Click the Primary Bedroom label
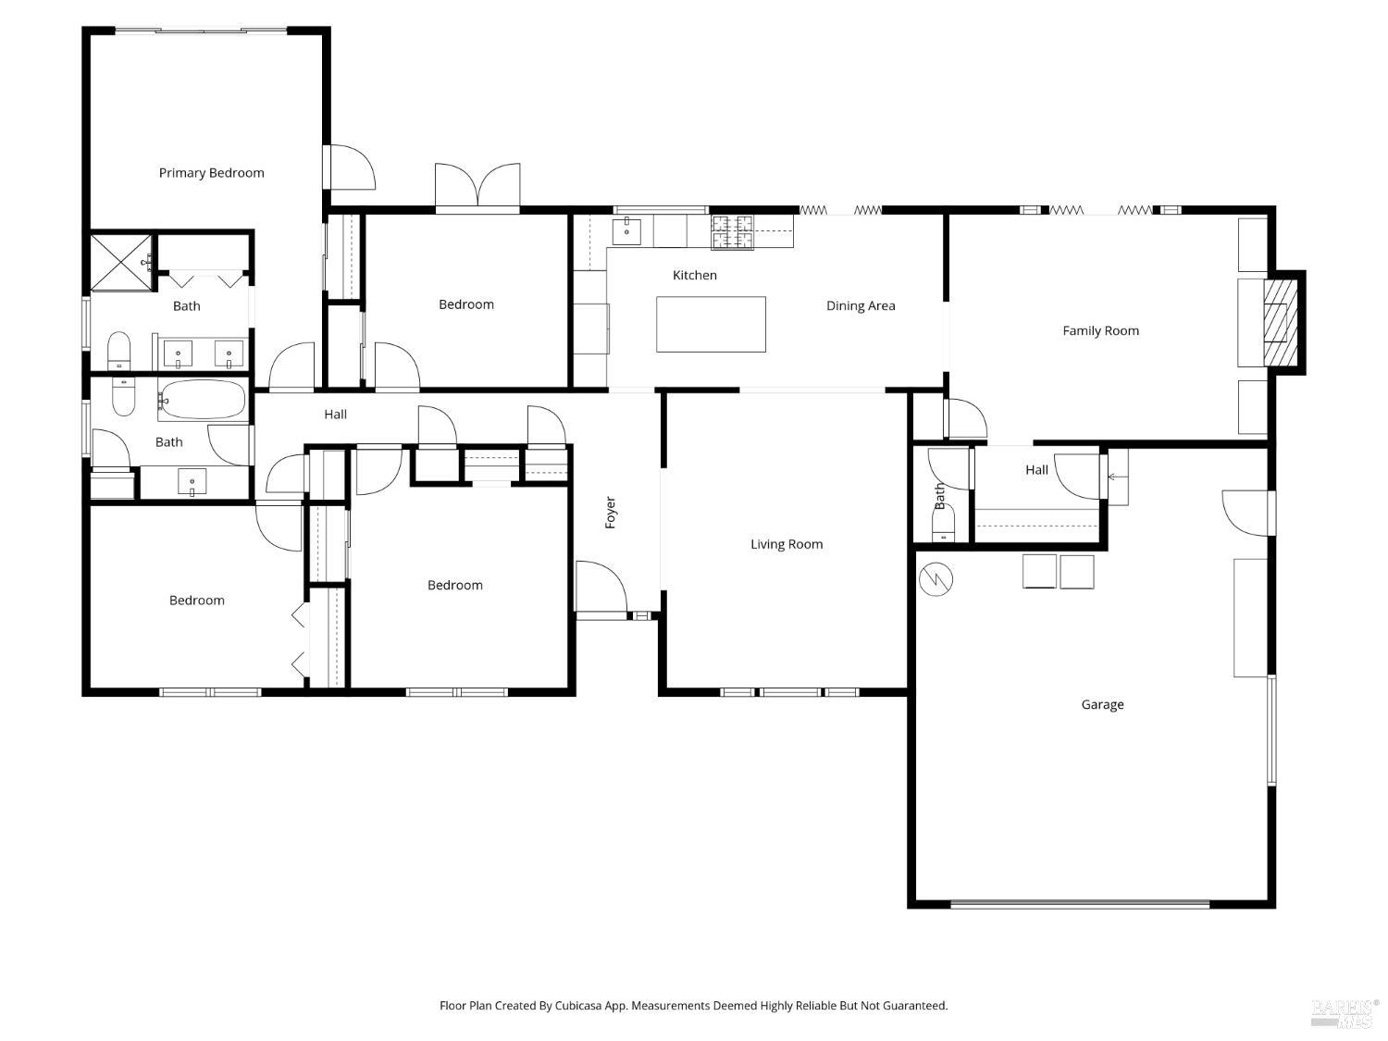pos(211,172)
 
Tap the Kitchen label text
pos(694,275)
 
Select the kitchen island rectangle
pos(711,324)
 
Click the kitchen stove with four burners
pos(732,232)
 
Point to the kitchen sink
pos(626,231)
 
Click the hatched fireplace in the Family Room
pos(1281,322)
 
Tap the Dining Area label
pos(861,306)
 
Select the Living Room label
pos(787,544)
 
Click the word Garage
pos(1102,704)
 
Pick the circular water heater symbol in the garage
pos(936,579)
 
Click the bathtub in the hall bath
pos(203,400)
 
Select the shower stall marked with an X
pos(121,262)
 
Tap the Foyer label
pos(610,512)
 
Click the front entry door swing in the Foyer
pos(601,586)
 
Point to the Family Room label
pos(1100,330)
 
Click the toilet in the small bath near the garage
pos(944,525)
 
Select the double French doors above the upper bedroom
pos(477,184)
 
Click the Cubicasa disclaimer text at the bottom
pos(694,1006)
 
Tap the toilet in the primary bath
pos(118,351)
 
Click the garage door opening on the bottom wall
pos(1080,904)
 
